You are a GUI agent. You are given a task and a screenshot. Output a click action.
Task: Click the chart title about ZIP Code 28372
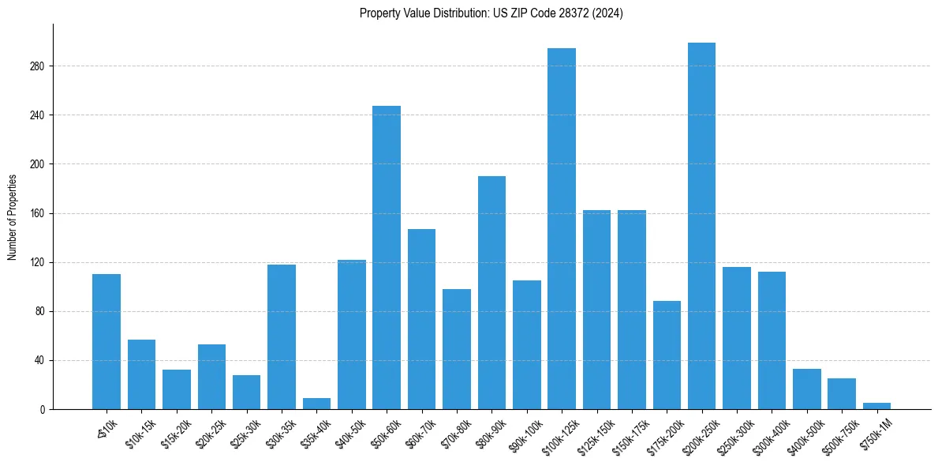click(x=491, y=13)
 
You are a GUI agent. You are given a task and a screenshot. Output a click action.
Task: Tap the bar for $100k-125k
click(x=562, y=229)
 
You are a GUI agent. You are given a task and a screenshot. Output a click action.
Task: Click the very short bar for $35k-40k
click(x=316, y=404)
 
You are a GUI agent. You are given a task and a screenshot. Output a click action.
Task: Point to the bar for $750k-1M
click(x=876, y=406)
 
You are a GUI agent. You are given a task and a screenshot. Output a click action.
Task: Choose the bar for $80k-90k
click(x=491, y=292)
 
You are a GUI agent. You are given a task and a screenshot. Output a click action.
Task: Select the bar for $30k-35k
click(x=282, y=336)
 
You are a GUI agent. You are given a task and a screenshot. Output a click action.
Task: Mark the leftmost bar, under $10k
click(x=107, y=341)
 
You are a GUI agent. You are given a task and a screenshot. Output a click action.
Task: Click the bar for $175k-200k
click(x=667, y=355)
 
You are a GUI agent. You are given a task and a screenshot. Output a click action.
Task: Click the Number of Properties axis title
click(x=13, y=216)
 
